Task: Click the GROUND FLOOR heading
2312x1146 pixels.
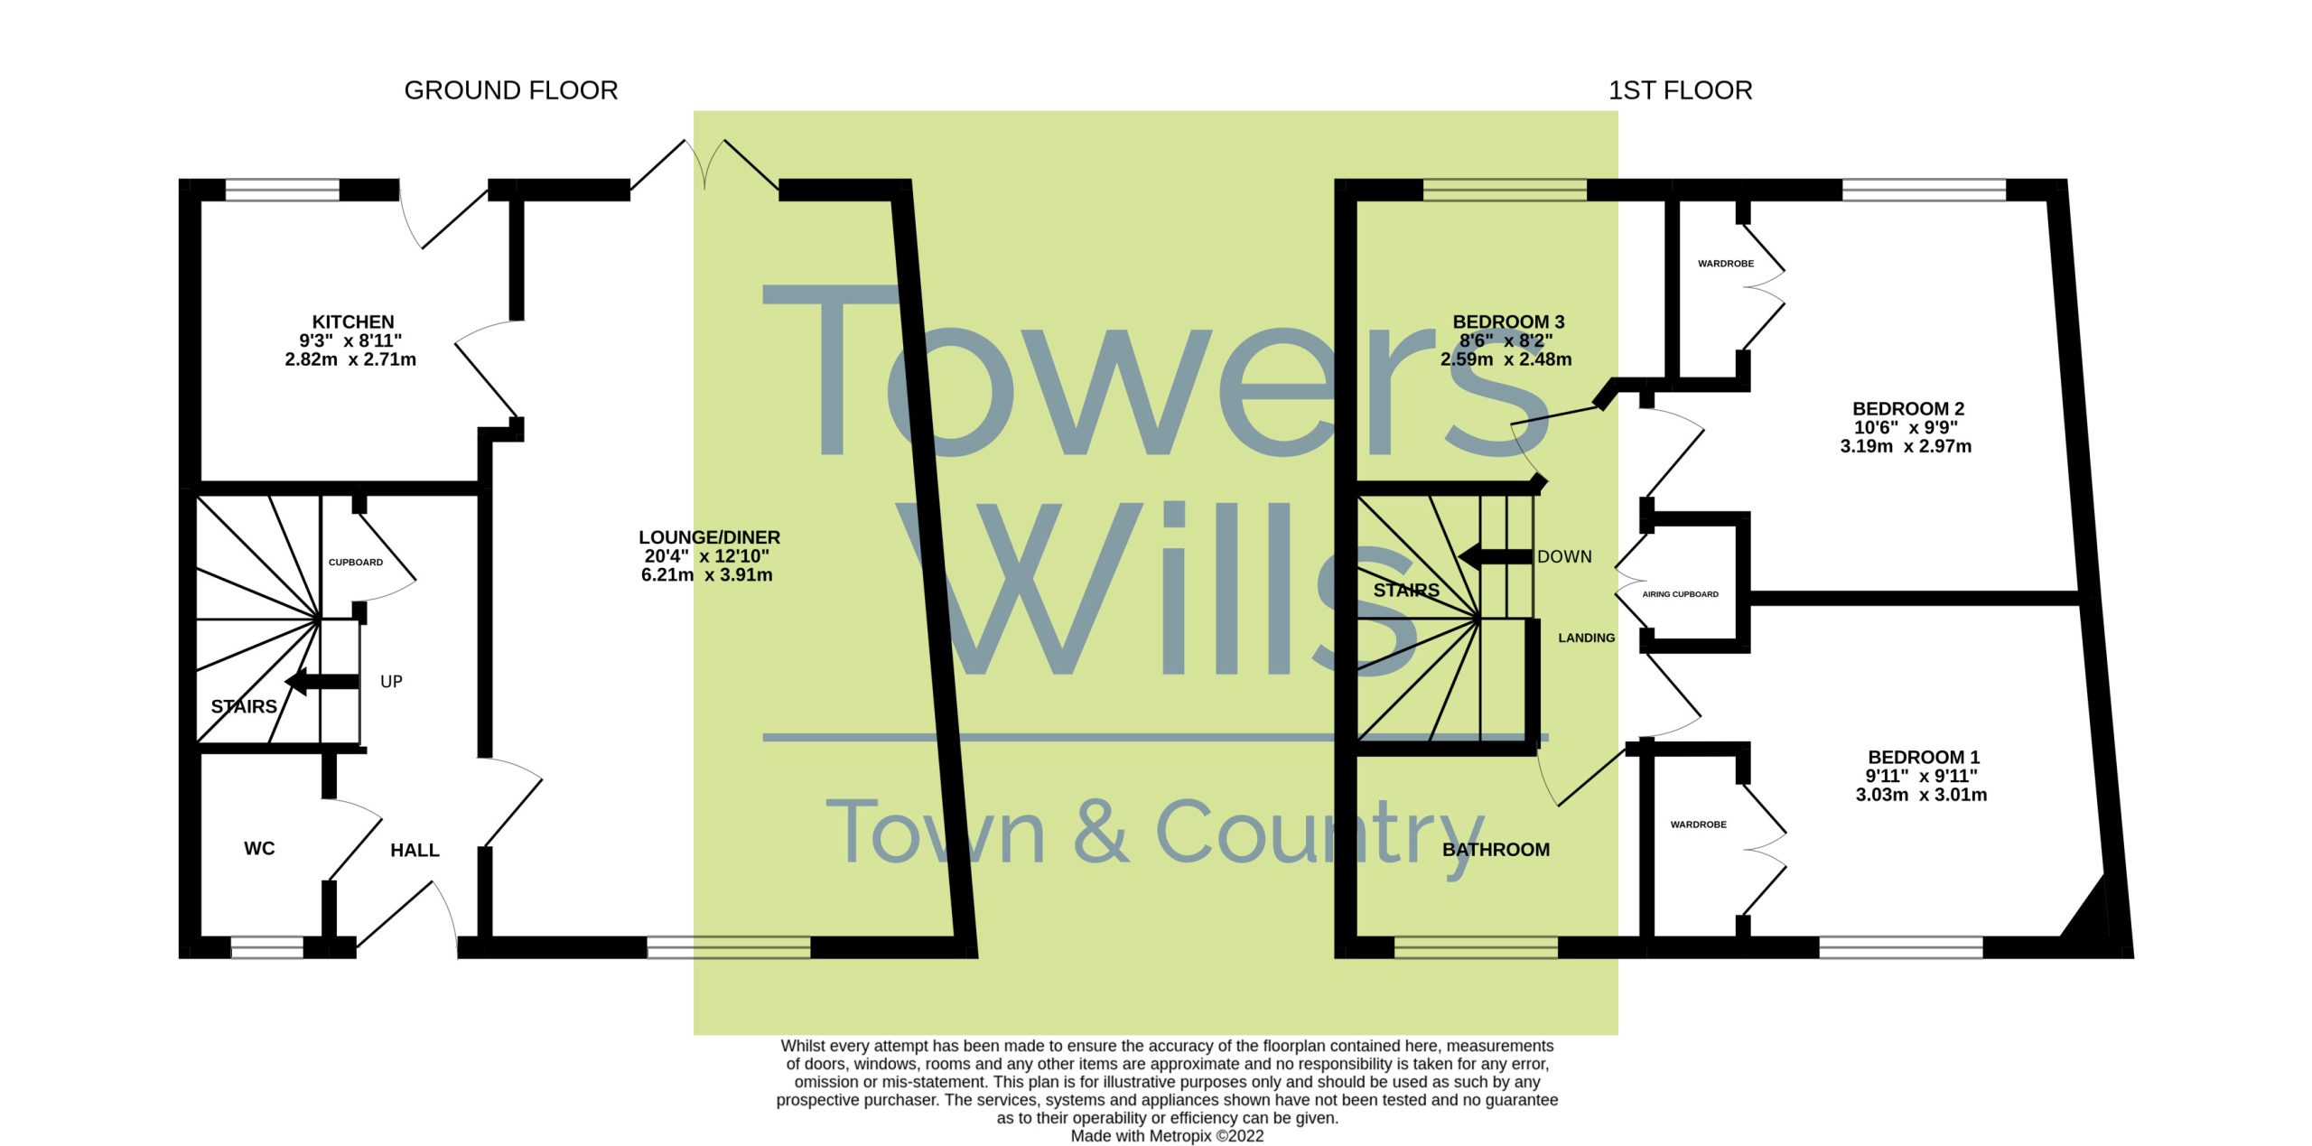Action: tap(511, 90)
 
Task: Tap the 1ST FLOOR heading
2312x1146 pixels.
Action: tap(1680, 90)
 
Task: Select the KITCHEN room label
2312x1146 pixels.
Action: tap(353, 321)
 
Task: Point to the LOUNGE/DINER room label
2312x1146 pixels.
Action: tap(709, 537)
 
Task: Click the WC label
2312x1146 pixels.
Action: tap(259, 848)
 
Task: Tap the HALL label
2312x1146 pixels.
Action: tap(415, 850)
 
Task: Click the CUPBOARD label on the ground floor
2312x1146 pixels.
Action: tap(356, 562)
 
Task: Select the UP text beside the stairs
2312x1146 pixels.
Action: tap(391, 682)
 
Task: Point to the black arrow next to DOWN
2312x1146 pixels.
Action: tap(1496, 557)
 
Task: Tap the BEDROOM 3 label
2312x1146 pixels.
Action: tap(1508, 321)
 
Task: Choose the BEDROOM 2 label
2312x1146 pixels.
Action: tap(1908, 408)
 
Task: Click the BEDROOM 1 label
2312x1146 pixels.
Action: tap(1924, 757)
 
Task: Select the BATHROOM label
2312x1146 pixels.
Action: tap(1496, 849)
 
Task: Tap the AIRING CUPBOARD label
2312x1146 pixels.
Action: tap(1680, 594)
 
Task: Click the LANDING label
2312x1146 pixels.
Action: tap(1586, 638)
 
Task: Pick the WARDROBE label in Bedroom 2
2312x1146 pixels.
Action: tap(1726, 264)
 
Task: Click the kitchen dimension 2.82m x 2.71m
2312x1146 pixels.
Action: tap(350, 359)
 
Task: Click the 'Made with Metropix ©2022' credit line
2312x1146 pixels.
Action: tap(1167, 1136)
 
